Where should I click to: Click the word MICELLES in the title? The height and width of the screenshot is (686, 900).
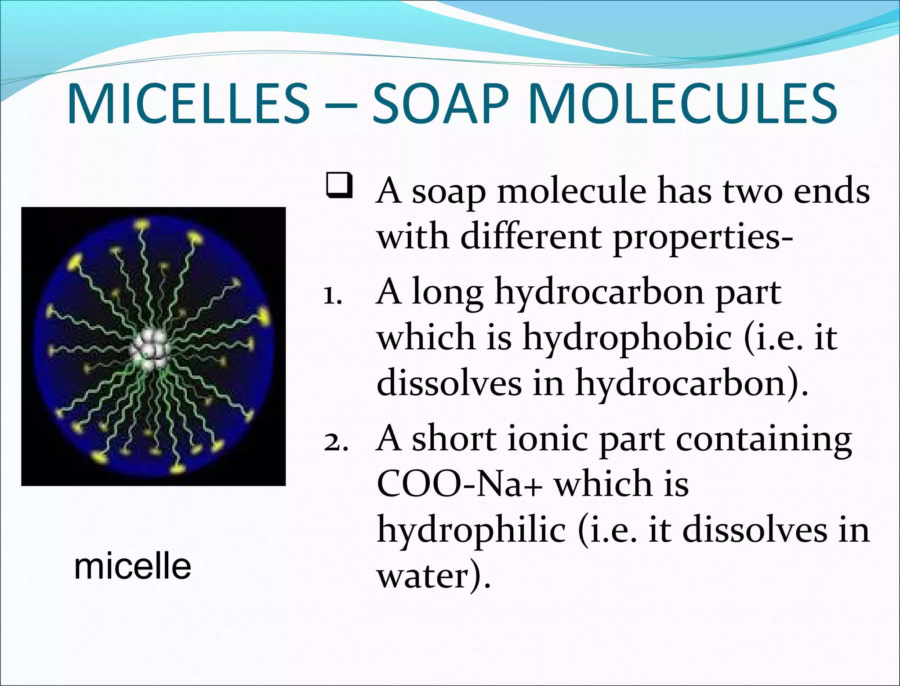pyautogui.click(x=189, y=104)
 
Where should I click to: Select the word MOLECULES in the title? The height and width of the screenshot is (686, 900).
pyautogui.click(x=683, y=104)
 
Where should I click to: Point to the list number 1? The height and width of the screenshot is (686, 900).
pyautogui.click(x=332, y=296)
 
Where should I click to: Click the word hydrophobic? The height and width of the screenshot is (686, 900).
pyautogui.click(x=627, y=338)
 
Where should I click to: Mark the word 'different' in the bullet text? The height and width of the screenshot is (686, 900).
pyautogui.click(x=530, y=237)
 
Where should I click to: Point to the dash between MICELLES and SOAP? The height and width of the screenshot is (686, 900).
pyautogui.click(x=341, y=106)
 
